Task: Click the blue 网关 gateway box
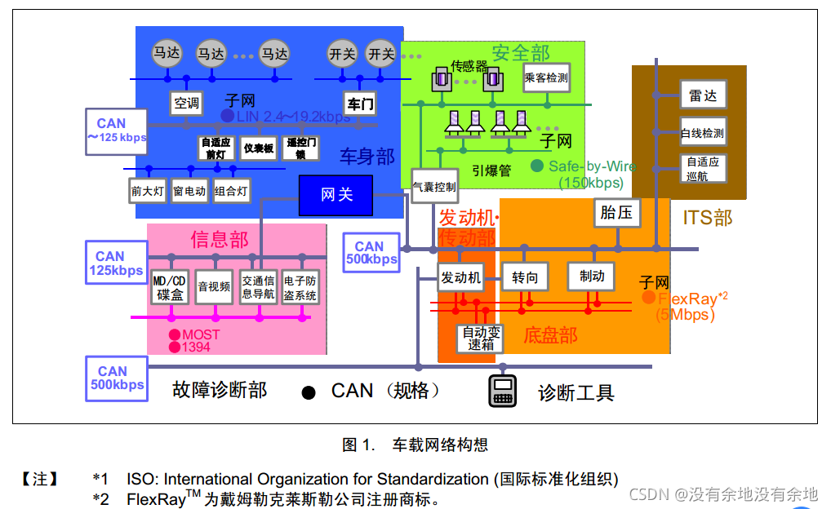pos(336,195)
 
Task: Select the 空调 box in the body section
pos(187,103)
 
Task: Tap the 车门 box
pos(360,104)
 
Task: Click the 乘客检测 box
pos(546,78)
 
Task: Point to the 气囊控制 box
pos(434,187)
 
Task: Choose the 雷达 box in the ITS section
pos(702,95)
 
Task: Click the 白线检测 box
pos(702,132)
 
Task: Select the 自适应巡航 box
pos(702,169)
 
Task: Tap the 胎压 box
pos(616,213)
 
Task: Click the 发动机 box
pos(461,277)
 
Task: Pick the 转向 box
pos(525,277)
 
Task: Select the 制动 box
pos(591,277)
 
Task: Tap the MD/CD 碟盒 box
pos(170,287)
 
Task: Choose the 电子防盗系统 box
pos(300,287)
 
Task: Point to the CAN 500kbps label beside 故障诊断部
pos(118,378)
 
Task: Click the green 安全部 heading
pos(521,54)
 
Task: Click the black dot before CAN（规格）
pos(309,393)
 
